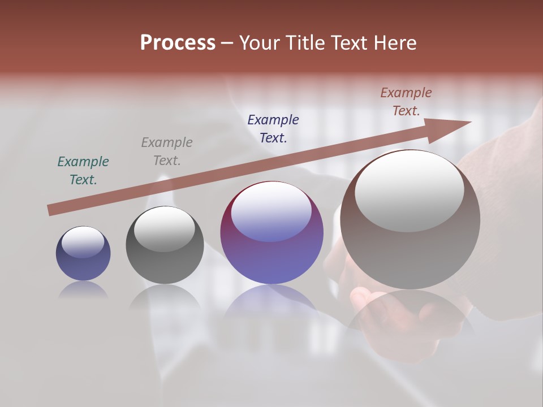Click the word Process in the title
[178, 43]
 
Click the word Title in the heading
[305, 43]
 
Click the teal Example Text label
[83, 171]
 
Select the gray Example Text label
[167, 151]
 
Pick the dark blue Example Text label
[273, 128]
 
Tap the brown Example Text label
[406, 102]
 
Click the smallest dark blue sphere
[83, 266]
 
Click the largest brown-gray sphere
[410, 254]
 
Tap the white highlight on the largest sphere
[410, 190]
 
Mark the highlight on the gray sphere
[165, 228]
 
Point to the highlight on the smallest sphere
[83, 242]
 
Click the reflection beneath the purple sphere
[271, 300]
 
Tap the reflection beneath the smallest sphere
[83, 290]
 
